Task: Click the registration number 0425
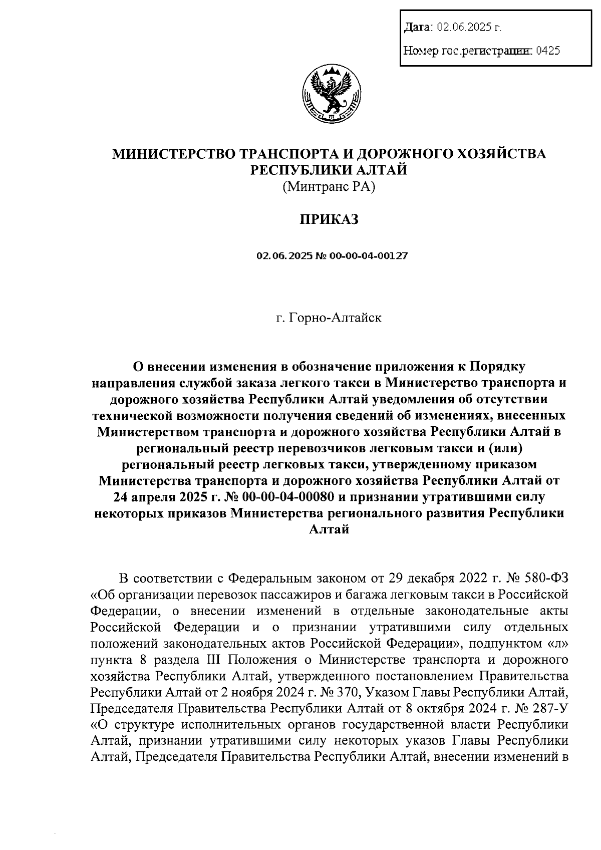coord(547,50)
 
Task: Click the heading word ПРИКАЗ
coord(329,219)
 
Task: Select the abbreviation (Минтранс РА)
coord(329,187)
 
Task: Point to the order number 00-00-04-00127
coord(368,256)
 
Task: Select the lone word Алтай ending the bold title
coord(329,529)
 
